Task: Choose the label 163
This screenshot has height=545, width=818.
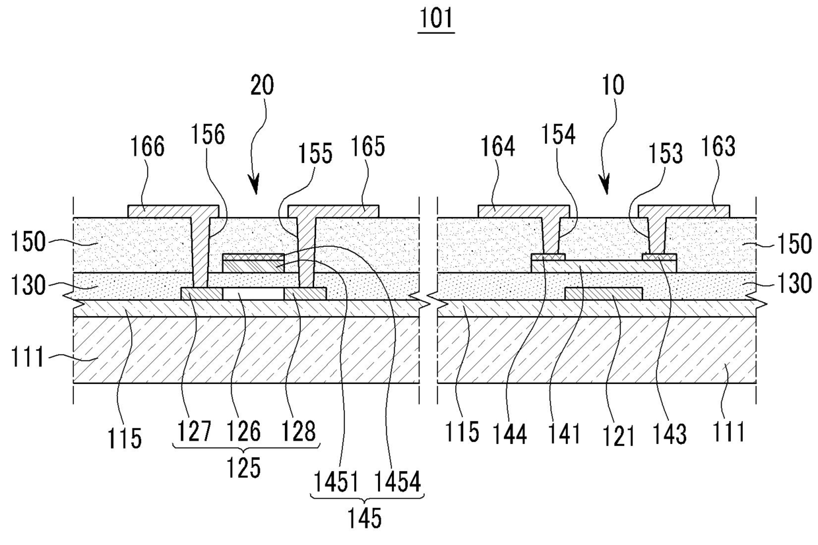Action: (x=718, y=146)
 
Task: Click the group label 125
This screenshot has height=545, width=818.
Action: (x=244, y=468)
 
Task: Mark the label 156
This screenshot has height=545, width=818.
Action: (x=207, y=134)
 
